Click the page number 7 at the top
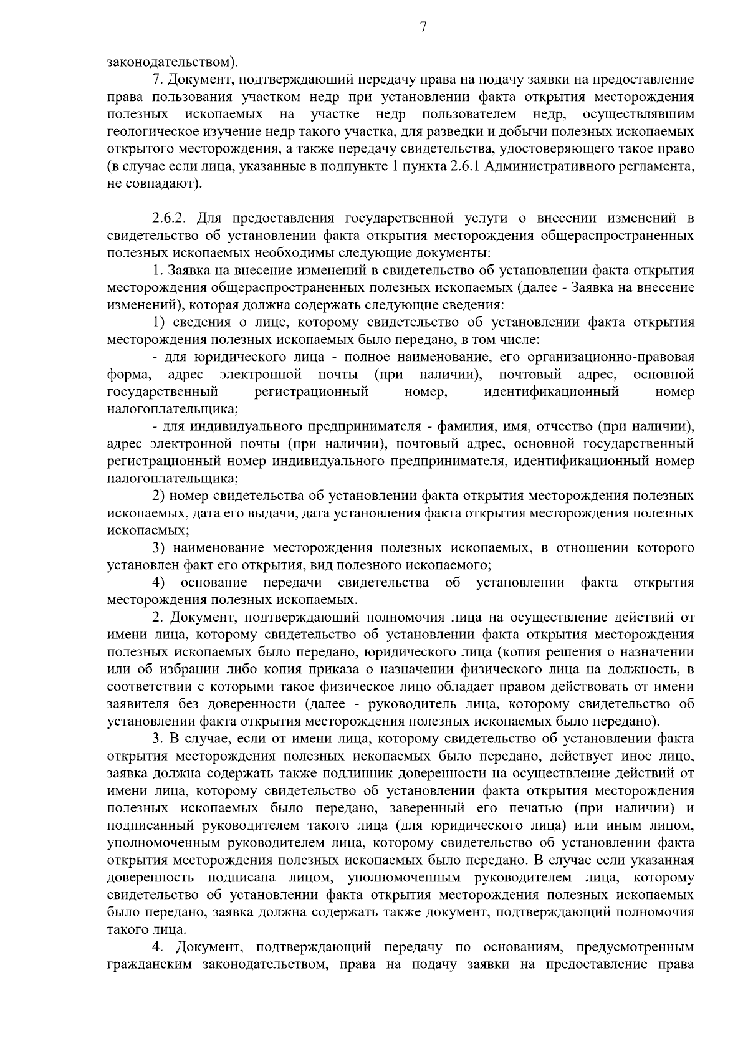click(423, 27)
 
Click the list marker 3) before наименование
click(160, 549)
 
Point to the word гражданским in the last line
click(150, 965)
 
